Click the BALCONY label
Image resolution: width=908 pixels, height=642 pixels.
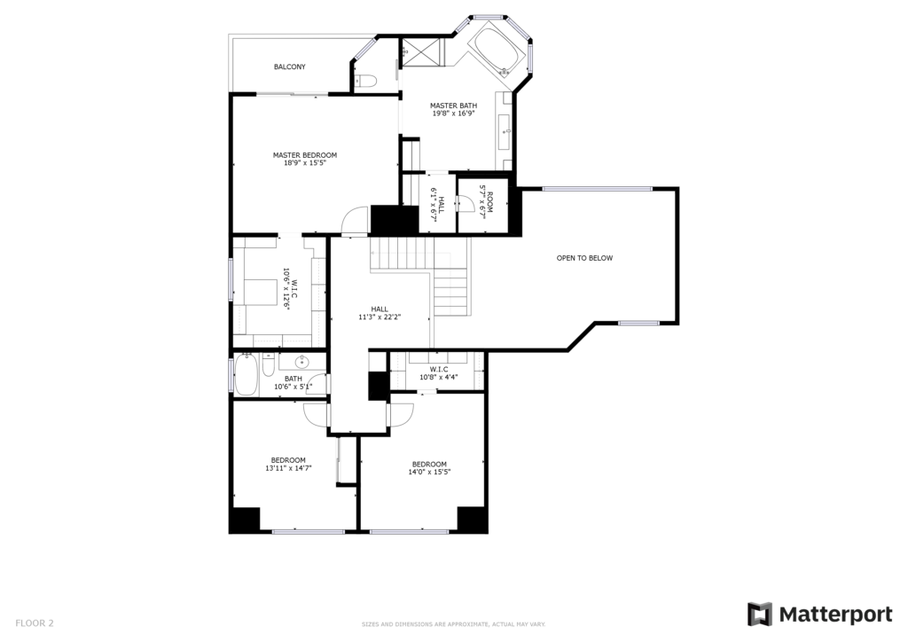[290, 67]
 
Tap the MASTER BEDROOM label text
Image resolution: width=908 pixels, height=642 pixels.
[305, 155]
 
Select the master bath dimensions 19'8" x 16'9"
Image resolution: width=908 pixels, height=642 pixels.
[453, 114]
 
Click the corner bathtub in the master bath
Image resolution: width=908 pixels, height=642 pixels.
[497, 51]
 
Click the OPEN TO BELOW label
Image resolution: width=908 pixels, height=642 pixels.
[584, 258]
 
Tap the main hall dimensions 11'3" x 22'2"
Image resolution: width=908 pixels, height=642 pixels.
[380, 317]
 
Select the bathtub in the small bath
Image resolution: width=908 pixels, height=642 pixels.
[246, 375]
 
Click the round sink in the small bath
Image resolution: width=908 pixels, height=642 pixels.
[302, 363]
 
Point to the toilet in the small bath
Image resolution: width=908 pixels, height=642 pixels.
[268, 365]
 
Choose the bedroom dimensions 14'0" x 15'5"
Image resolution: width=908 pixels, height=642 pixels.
[430, 472]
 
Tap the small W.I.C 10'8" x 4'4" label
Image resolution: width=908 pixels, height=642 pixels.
[439, 373]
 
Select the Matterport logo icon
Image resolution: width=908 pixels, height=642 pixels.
[760, 615]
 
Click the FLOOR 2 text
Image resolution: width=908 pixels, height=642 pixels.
[35, 623]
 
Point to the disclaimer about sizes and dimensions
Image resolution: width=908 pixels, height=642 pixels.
[453, 624]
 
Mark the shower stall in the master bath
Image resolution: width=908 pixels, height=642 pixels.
[423, 52]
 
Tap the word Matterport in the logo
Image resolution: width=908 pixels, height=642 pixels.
[835, 615]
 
